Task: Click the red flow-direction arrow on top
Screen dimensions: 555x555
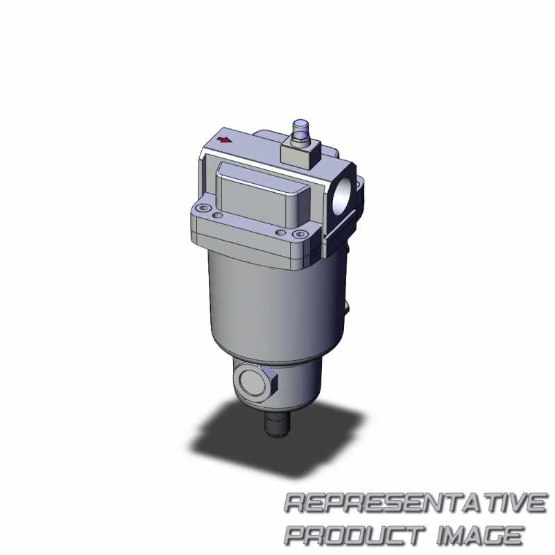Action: coord(224,140)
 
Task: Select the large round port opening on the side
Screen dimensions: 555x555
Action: coord(343,195)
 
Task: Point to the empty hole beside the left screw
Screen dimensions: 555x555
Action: coord(218,215)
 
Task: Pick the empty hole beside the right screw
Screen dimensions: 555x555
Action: coord(281,232)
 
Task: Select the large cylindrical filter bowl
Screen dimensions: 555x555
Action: coord(276,305)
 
